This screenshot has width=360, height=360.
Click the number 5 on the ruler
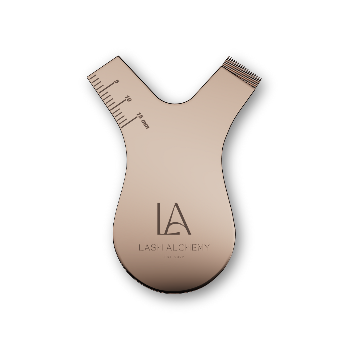(116, 82)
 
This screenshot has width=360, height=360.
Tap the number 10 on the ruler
(128, 99)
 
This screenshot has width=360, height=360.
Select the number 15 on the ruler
(140, 116)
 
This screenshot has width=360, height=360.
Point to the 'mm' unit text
(145, 125)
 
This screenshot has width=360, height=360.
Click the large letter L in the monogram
(160, 218)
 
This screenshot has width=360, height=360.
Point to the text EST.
(168, 257)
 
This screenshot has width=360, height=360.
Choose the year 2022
(179, 257)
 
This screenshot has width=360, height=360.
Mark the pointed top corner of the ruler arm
(118, 57)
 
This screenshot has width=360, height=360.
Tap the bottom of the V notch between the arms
(174, 103)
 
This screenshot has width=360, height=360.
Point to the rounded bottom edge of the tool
(174, 292)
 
